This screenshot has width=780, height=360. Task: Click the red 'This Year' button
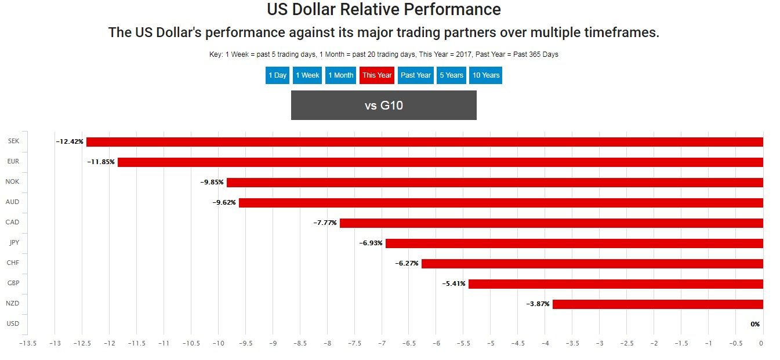(x=377, y=75)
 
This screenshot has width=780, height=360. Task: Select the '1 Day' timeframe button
(x=277, y=75)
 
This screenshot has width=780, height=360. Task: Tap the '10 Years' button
(x=485, y=75)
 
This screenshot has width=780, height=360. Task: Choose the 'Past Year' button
(x=416, y=75)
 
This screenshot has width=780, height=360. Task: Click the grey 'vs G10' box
(x=383, y=106)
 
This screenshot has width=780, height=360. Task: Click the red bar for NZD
(x=658, y=304)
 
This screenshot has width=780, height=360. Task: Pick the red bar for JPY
(x=574, y=243)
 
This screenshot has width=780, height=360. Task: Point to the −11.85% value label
(x=101, y=162)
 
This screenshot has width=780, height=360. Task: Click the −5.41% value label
(x=454, y=283)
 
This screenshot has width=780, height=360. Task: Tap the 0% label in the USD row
(x=754, y=324)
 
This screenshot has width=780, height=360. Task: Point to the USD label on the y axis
(x=12, y=323)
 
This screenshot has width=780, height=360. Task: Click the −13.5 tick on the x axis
(x=27, y=343)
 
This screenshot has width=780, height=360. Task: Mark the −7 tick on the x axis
(x=381, y=343)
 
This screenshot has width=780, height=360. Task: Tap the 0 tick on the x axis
(x=761, y=343)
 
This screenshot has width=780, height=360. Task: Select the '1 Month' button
(x=340, y=75)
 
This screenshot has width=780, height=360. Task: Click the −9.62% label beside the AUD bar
(x=224, y=202)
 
